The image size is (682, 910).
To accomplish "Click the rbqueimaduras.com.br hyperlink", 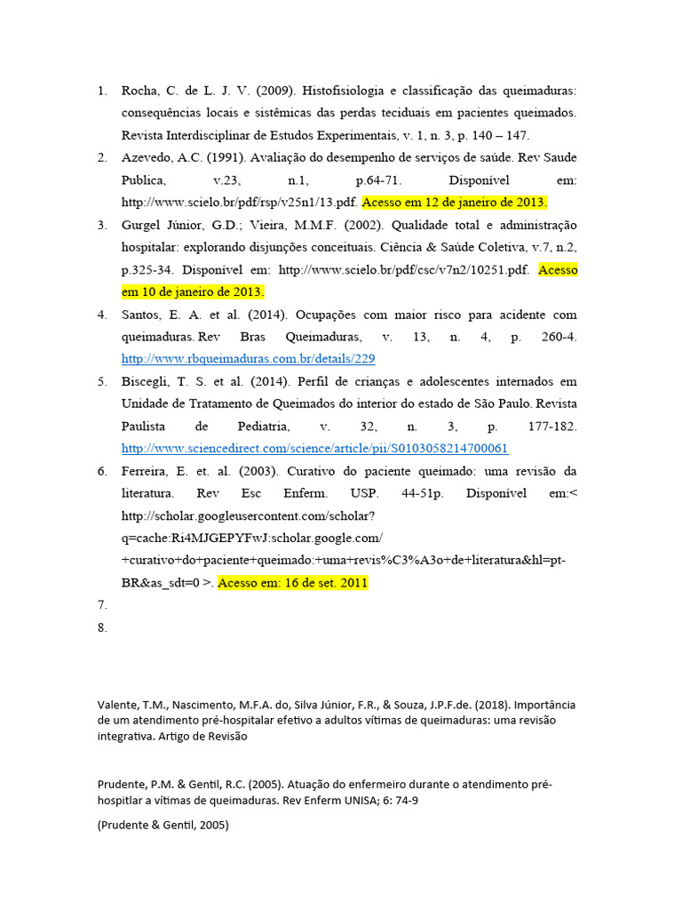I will click(248, 359).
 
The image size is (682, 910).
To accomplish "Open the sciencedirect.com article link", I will click(314, 449).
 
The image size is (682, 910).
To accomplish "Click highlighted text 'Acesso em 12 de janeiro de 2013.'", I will click(455, 203).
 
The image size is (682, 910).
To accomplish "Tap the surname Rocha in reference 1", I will click(139, 92).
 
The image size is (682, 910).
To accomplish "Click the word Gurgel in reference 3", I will click(140, 225).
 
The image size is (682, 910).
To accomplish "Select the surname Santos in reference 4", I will click(140, 315).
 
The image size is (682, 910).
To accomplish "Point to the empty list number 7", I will click(102, 605).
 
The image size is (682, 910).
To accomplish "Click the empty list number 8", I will click(102, 627).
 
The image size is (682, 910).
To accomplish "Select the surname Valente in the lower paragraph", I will click(117, 705).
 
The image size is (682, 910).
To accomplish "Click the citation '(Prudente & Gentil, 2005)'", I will click(163, 825).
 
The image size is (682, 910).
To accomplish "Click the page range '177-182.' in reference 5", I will click(551, 427).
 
